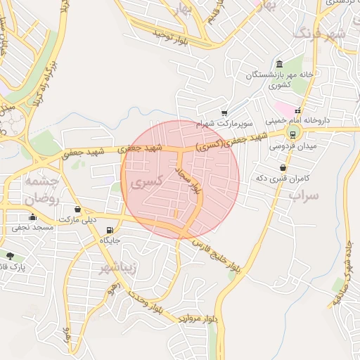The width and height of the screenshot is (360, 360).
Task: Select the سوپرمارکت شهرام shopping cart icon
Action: pyautogui.click(x=224, y=112)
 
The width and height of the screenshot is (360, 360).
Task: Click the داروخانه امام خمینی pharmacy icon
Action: pyautogui.click(x=297, y=111)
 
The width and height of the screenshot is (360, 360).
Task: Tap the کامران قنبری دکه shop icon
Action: pyautogui.click(x=283, y=168)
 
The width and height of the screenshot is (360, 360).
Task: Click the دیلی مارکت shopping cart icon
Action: pyautogui.click(x=77, y=210)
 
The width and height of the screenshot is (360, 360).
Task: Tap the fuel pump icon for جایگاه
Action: pyautogui.click(x=108, y=231)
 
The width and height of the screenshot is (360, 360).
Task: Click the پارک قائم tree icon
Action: pyautogui.click(x=9, y=256)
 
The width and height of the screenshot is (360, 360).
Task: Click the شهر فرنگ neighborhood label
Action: pyautogui.click(x=320, y=33)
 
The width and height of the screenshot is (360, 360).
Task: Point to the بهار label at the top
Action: pyautogui.click(x=184, y=8)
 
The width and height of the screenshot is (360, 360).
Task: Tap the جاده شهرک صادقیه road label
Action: pyautogui.click(x=340, y=273)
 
